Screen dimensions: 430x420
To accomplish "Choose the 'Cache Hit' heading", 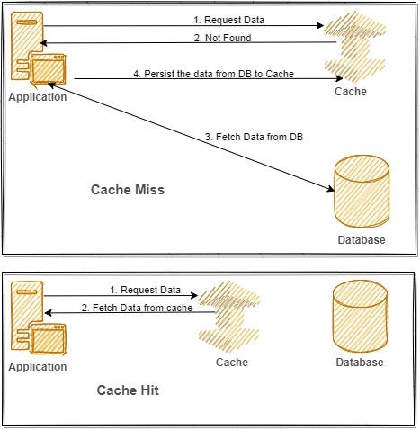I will point(129,391).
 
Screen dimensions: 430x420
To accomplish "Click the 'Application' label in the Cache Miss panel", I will point(37,97).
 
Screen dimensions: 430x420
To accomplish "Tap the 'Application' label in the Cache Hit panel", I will point(38,367).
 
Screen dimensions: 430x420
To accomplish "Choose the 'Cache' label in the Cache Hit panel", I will point(231,362).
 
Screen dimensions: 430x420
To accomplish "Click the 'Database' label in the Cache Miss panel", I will point(362,240).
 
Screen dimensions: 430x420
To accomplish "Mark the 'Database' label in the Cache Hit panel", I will point(360,362).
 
